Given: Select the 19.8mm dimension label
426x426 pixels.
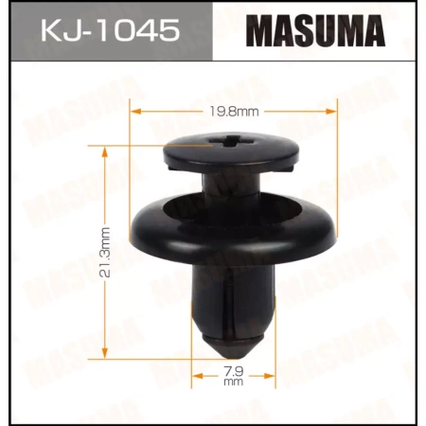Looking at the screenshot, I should (x=231, y=112).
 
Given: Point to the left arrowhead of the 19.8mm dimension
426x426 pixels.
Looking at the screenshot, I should (x=133, y=112).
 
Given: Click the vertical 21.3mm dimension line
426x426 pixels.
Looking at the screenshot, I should (x=105, y=199).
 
